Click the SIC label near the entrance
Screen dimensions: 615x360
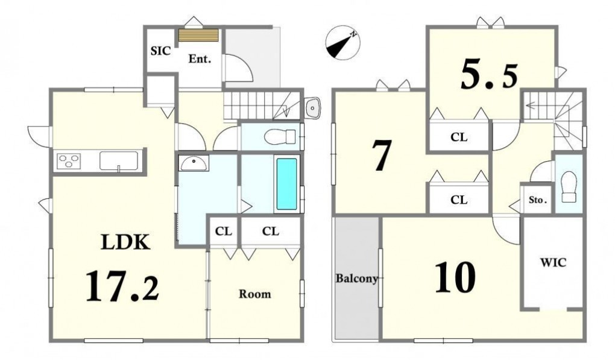[x=161, y=51]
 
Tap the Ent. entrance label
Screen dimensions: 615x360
[x=200, y=59]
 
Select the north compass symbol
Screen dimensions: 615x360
[x=343, y=43]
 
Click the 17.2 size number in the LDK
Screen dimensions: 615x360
[x=122, y=286]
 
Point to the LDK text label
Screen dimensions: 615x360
[x=125, y=242]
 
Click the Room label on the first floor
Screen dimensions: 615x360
[x=255, y=294]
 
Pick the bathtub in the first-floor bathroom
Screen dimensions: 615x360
[x=287, y=184]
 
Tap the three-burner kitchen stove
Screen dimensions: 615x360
[x=69, y=161]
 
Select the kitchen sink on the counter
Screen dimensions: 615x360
[x=118, y=161]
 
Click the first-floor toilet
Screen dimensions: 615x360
[x=280, y=137]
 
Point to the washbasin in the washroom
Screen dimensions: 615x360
[x=194, y=163]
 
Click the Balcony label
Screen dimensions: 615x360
[x=357, y=279]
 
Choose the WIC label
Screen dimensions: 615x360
[x=553, y=262]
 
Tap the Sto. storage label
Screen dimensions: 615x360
[x=537, y=200]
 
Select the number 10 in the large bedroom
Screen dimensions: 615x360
[x=455, y=277]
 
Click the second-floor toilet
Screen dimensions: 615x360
[x=569, y=187]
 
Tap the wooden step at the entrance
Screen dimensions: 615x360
[x=199, y=35]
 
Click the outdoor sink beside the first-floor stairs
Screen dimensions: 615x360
[x=312, y=106]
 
